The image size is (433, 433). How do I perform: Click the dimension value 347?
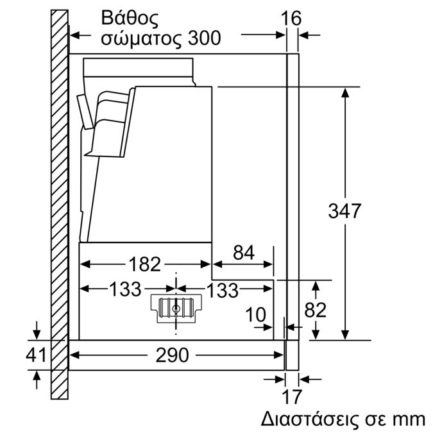344,211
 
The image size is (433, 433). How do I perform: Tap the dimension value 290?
172,355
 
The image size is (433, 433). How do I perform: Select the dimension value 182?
145,264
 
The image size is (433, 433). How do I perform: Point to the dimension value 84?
244,253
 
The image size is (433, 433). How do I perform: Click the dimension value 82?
315,310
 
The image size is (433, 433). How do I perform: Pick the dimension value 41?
36,355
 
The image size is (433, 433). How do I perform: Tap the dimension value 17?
292,397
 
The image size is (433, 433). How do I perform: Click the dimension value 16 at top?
291,19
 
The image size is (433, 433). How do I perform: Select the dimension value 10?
255,315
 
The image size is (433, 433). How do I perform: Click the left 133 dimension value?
125,290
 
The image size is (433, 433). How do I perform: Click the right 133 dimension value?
223,290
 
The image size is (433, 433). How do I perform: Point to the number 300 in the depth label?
205,38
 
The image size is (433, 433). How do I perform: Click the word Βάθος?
130,18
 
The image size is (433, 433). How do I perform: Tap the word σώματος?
141,39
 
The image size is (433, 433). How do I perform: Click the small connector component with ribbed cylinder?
176,308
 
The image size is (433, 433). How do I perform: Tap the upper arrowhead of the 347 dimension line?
345,93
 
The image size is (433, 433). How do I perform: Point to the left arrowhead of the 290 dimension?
74,355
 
